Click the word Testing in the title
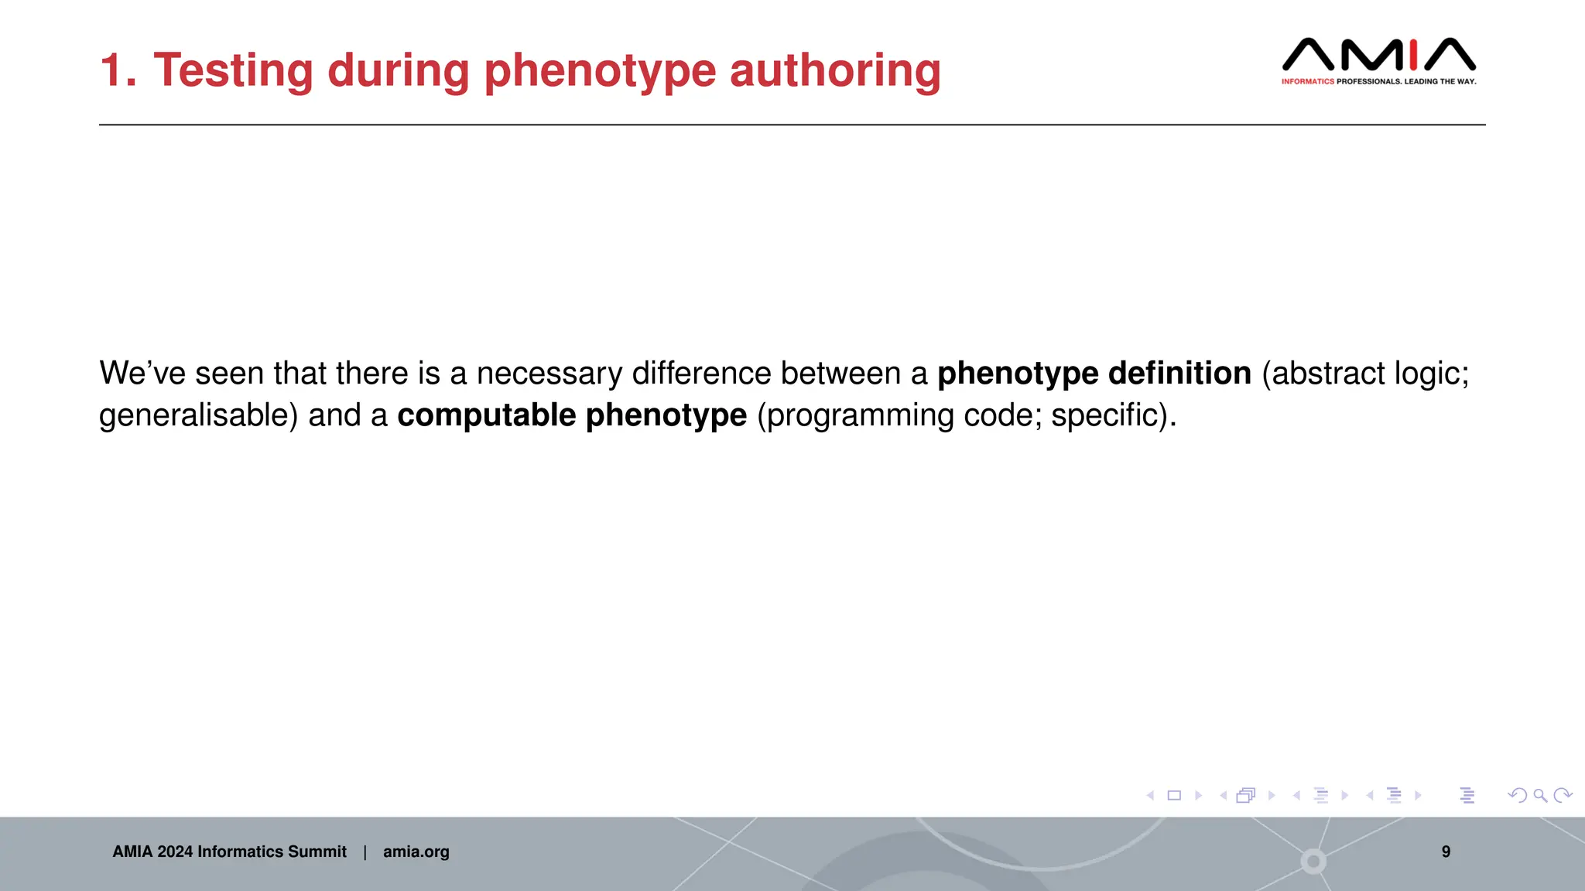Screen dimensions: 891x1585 233,70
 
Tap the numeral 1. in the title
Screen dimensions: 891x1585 118,70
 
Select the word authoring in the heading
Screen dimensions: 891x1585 835,70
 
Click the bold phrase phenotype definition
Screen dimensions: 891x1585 1094,374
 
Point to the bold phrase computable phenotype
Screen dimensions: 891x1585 572,415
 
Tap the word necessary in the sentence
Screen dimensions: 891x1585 549,374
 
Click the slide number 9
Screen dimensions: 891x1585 1446,852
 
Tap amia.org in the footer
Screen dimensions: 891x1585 416,852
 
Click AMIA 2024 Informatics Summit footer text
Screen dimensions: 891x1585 229,852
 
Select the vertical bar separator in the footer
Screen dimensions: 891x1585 365,852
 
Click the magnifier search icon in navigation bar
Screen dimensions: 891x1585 1540,795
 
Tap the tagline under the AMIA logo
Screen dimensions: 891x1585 1378,81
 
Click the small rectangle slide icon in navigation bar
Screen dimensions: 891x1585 1174,795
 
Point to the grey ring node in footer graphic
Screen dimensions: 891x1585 1313,861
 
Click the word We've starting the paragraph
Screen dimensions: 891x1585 142,374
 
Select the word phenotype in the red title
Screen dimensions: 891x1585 600,70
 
